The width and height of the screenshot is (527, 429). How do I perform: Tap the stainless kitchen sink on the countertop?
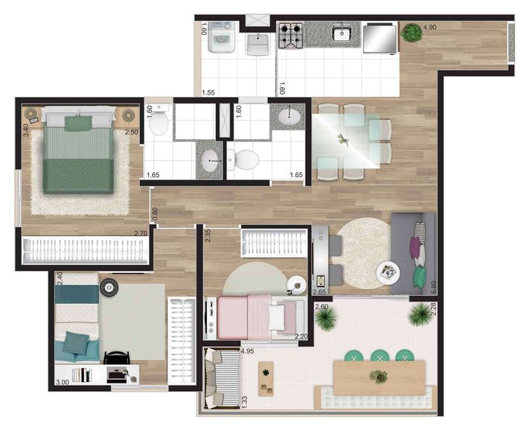click(343, 33)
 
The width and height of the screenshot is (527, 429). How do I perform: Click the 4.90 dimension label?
click(430, 28)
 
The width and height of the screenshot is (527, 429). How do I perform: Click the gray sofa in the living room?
click(415, 252)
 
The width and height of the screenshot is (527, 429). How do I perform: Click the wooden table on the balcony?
click(380, 372)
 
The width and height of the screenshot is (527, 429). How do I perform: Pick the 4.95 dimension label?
click(248, 351)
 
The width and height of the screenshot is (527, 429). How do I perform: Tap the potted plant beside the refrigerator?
click(410, 33)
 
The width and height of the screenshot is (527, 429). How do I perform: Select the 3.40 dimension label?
click(26, 129)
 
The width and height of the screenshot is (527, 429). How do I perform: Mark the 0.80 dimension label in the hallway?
click(155, 214)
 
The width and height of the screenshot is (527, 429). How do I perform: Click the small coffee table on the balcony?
click(265, 378)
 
